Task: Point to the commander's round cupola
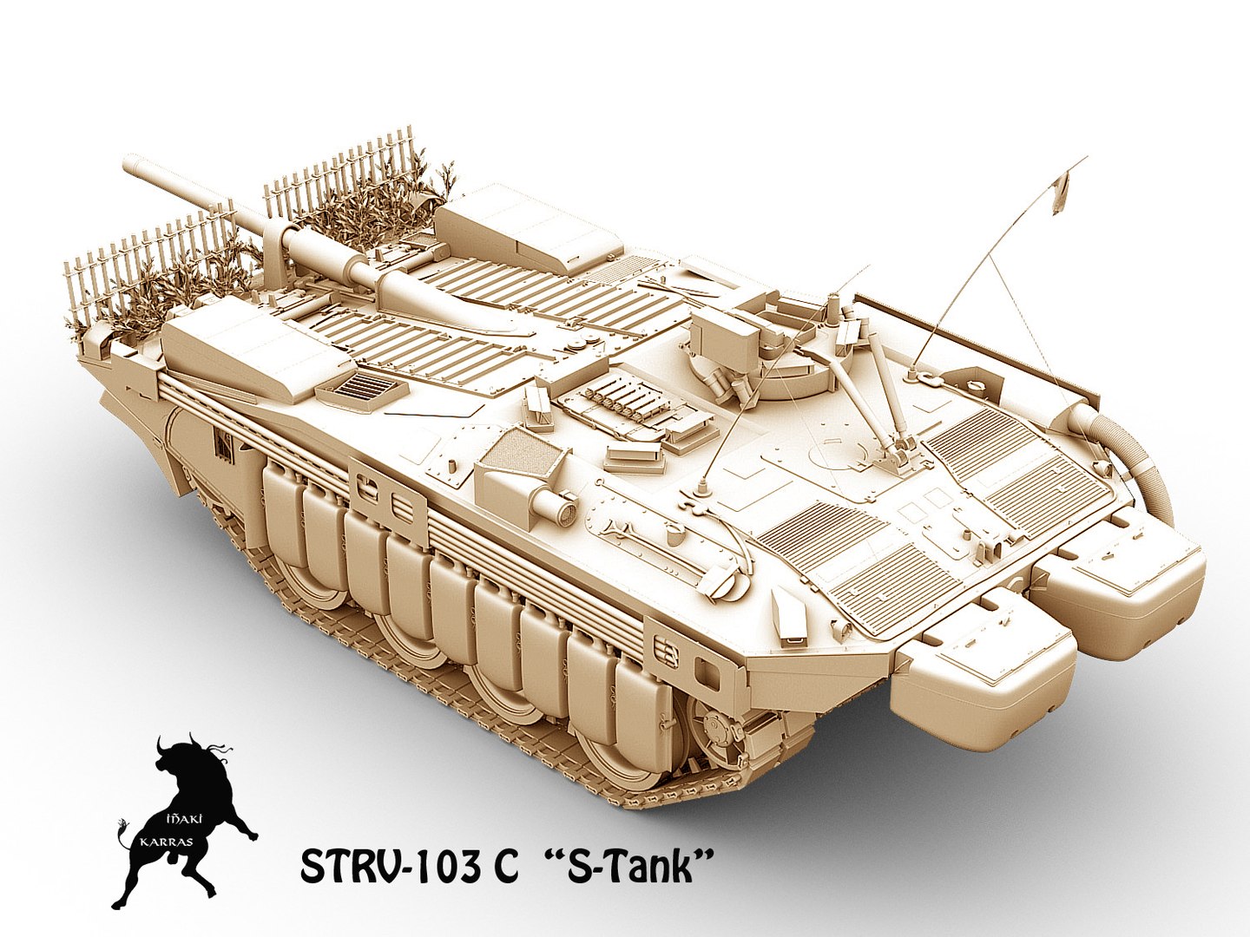764,364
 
